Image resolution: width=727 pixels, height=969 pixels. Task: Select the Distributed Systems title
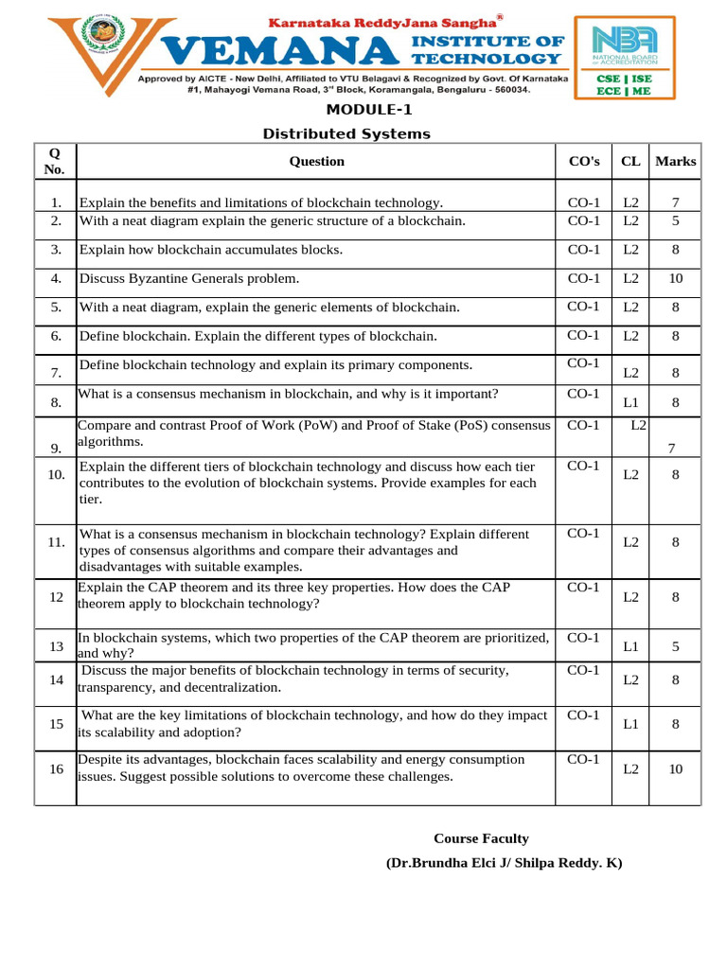click(x=346, y=133)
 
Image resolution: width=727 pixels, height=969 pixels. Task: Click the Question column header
click(x=316, y=161)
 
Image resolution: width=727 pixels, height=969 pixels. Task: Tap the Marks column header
click(x=675, y=161)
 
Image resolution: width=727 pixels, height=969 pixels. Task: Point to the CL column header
click(x=630, y=161)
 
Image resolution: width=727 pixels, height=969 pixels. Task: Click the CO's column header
click(x=583, y=161)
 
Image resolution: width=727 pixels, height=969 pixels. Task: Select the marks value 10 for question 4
click(x=675, y=278)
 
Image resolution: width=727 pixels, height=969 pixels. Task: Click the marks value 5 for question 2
click(x=675, y=220)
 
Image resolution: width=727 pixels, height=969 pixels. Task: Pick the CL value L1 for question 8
click(x=630, y=402)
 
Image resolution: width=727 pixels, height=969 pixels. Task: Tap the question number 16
click(x=55, y=769)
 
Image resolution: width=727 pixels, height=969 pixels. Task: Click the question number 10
click(x=55, y=474)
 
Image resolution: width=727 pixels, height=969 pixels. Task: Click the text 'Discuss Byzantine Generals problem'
click(x=189, y=278)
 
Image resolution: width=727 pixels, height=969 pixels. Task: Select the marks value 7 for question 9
click(x=671, y=448)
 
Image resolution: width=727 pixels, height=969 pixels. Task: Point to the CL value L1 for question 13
click(x=630, y=647)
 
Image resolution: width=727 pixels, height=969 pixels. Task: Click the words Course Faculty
click(x=481, y=838)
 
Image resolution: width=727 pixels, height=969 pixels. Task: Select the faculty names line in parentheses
click(x=504, y=863)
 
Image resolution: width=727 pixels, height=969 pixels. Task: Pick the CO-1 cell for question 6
click(x=583, y=335)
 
